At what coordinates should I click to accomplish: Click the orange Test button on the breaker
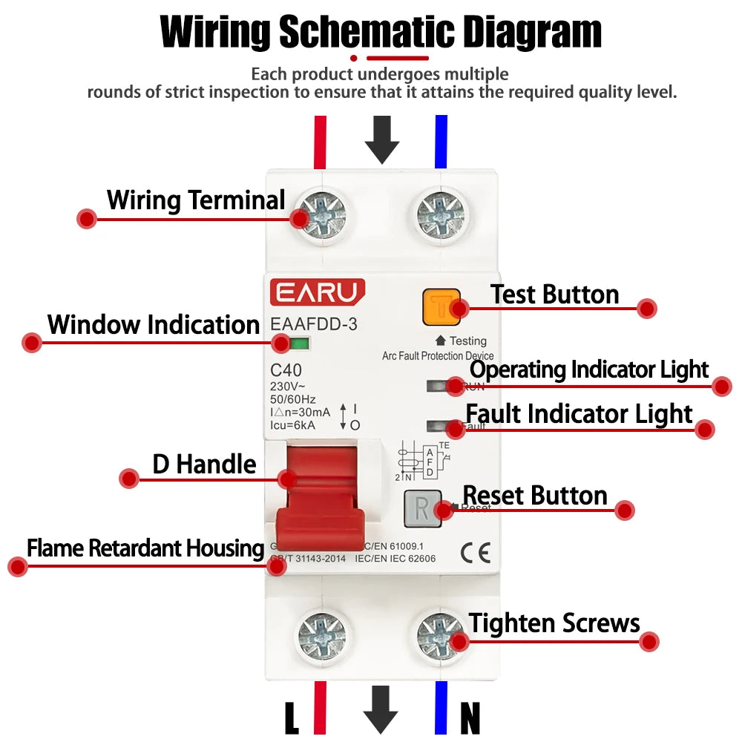point(441,307)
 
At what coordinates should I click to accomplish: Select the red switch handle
point(318,505)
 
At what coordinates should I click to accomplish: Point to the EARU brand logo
point(317,292)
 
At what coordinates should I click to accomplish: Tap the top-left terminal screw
point(321,216)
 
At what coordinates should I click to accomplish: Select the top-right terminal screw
point(441,216)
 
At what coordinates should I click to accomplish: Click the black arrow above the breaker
point(382,139)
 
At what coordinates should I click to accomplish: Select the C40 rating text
point(286,370)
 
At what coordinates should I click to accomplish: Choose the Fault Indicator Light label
point(579,414)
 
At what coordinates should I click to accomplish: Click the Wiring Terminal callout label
point(196,200)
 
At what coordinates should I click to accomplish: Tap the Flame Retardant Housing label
point(145,548)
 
